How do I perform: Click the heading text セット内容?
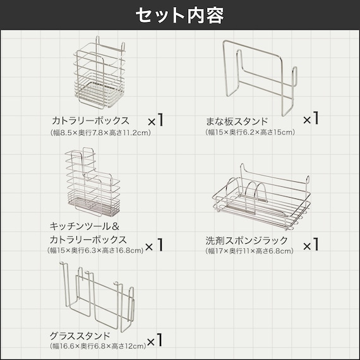tap(180, 16)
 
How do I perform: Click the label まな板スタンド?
tap(237, 121)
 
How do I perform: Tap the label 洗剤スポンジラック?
tap(246, 241)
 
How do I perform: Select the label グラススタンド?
tap(80, 335)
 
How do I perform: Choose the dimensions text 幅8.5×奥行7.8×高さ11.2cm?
tap(100, 133)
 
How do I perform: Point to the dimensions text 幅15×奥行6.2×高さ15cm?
tap(249, 133)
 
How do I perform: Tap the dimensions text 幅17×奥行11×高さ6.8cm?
tap(249, 251)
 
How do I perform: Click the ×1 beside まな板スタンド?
tap(311, 118)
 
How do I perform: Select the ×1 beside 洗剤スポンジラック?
tap(311, 243)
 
